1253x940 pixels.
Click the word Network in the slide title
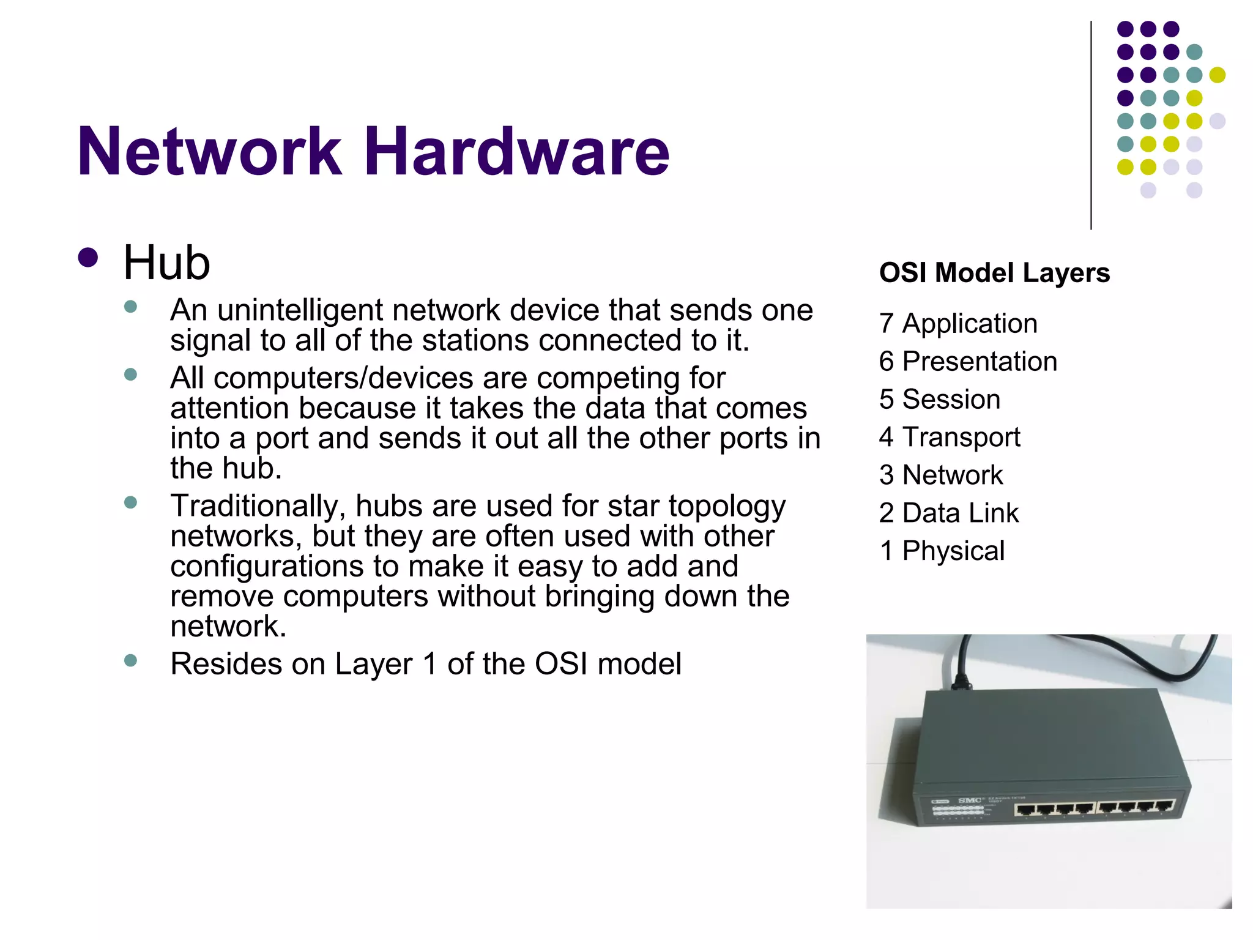click(209, 151)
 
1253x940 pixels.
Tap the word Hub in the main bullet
click(166, 263)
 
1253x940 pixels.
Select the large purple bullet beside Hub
click(88, 258)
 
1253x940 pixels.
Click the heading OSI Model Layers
click(994, 273)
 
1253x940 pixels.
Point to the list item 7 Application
click(958, 324)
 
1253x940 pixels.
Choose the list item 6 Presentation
click(968, 362)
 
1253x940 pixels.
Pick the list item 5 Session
click(940, 400)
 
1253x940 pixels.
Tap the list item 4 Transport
click(950, 438)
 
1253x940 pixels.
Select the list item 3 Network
click(941, 476)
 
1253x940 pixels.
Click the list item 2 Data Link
click(949, 513)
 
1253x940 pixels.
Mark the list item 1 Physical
click(942, 551)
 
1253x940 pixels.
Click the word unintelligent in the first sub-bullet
click(300, 310)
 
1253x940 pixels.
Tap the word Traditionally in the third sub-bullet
click(254, 507)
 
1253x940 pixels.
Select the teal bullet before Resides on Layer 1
click(130, 660)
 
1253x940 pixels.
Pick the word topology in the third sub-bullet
click(727, 507)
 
